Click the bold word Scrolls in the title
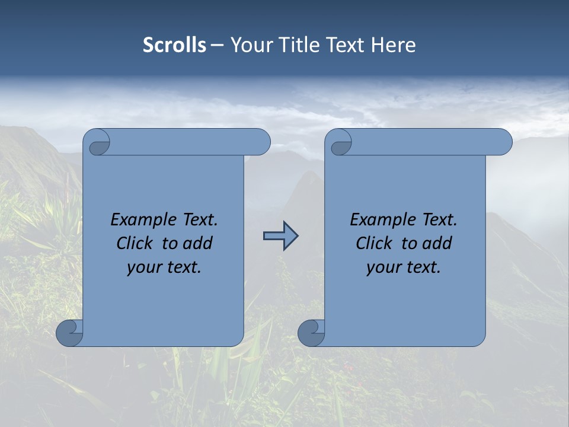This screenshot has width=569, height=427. [174, 45]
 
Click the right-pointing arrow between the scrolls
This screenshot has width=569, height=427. [280, 236]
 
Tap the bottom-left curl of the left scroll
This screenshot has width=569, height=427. [69, 333]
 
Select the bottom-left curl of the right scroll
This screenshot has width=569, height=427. [311, 333]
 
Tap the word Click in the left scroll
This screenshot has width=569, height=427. [135, 243]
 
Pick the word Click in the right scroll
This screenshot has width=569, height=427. [374, 243]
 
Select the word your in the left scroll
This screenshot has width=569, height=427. [144, 267]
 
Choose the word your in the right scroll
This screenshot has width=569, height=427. [383, 267]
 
